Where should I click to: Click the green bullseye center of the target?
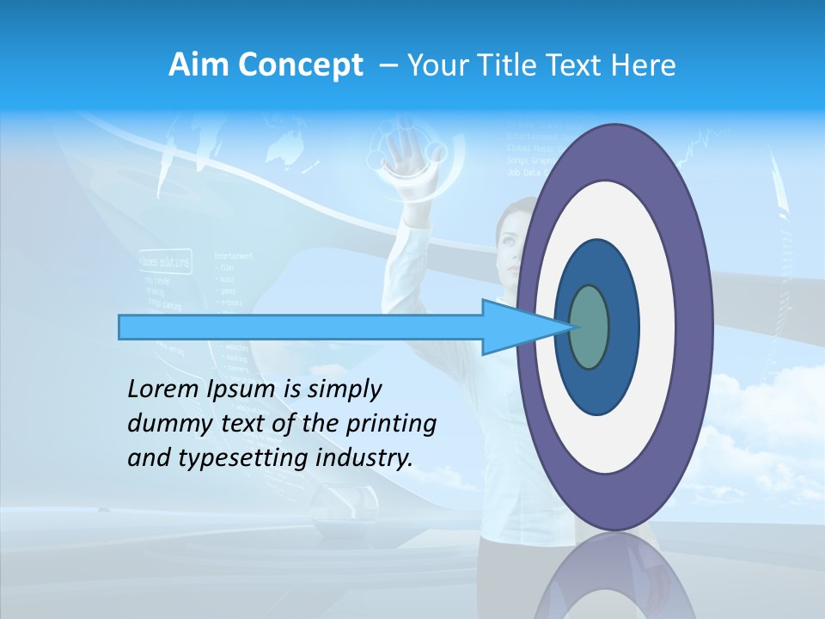(589, 328)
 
